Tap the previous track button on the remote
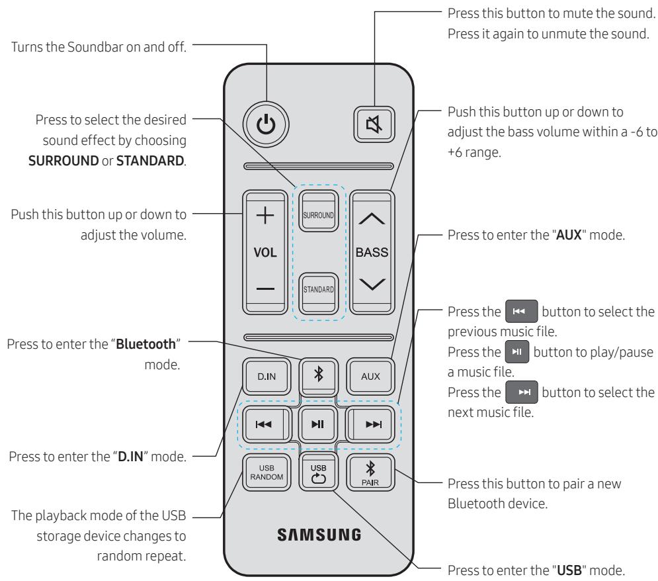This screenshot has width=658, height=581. pyautogui.click(x=263, y=424)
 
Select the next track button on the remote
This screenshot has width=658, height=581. pyautogui.click(x=372, y=424)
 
